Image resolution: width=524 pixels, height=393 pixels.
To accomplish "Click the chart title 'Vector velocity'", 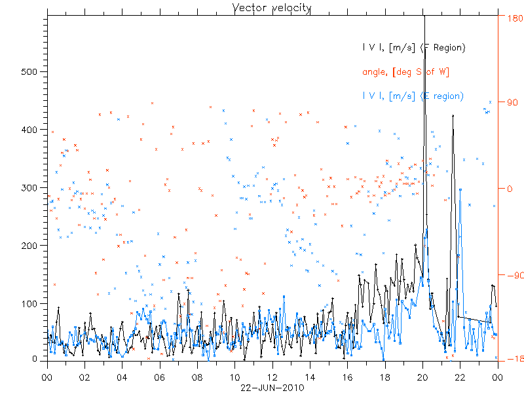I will tap(272, 8).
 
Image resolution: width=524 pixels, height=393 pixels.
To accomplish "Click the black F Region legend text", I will tap(413, 47).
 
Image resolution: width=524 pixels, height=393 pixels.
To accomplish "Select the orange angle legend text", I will tap(405, 71).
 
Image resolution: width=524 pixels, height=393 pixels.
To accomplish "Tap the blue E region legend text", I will tap(413, 96).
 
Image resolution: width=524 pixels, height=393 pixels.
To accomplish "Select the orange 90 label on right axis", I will tap(509, 102).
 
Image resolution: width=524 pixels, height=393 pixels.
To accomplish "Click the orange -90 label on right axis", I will tap(510, 275).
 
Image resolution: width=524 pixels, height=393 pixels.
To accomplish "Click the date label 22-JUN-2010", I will tap(272, 387).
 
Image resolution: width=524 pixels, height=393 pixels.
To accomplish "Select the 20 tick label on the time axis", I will tap(422, 377).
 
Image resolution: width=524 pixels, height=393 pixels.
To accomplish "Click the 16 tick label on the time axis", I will tap(348, 377).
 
